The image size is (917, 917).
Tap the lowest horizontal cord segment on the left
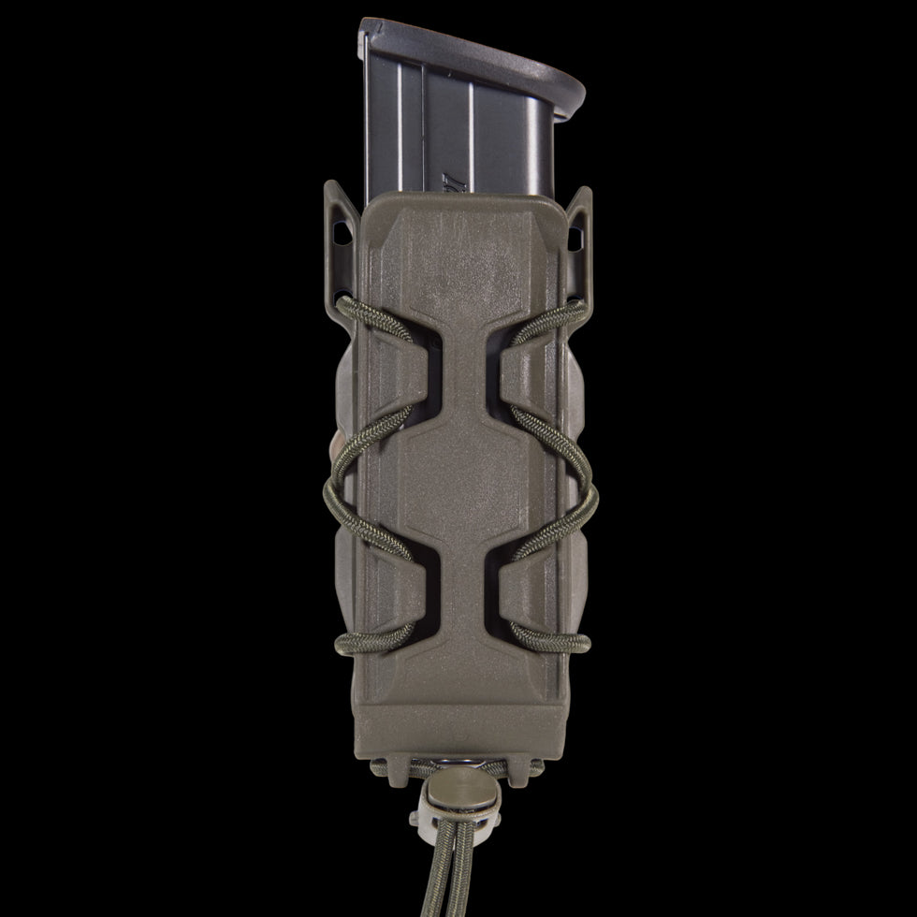pos(374,641)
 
